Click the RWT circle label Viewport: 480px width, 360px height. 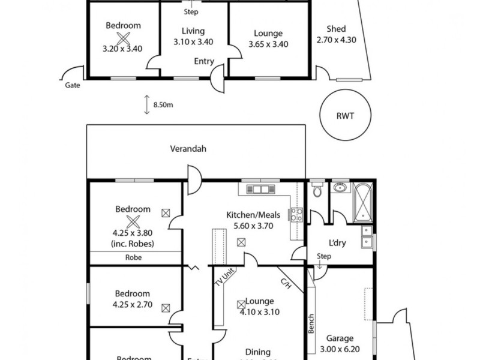[x=344, y=116]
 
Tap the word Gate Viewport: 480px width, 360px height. [x=73, y=85]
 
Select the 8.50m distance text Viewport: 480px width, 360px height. [x=164, y=105]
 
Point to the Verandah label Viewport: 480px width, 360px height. [x=188, y=149]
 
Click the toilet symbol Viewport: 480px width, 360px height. [x=317, y=190]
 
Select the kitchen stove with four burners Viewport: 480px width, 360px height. [x=295, y=215]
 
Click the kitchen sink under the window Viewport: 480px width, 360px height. [x=261, y=190]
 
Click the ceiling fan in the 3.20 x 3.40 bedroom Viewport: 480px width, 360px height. [x=124, y=38]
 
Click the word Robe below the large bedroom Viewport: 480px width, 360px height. [x=133, y=257]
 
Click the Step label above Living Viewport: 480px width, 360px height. [x=191, y=11]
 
